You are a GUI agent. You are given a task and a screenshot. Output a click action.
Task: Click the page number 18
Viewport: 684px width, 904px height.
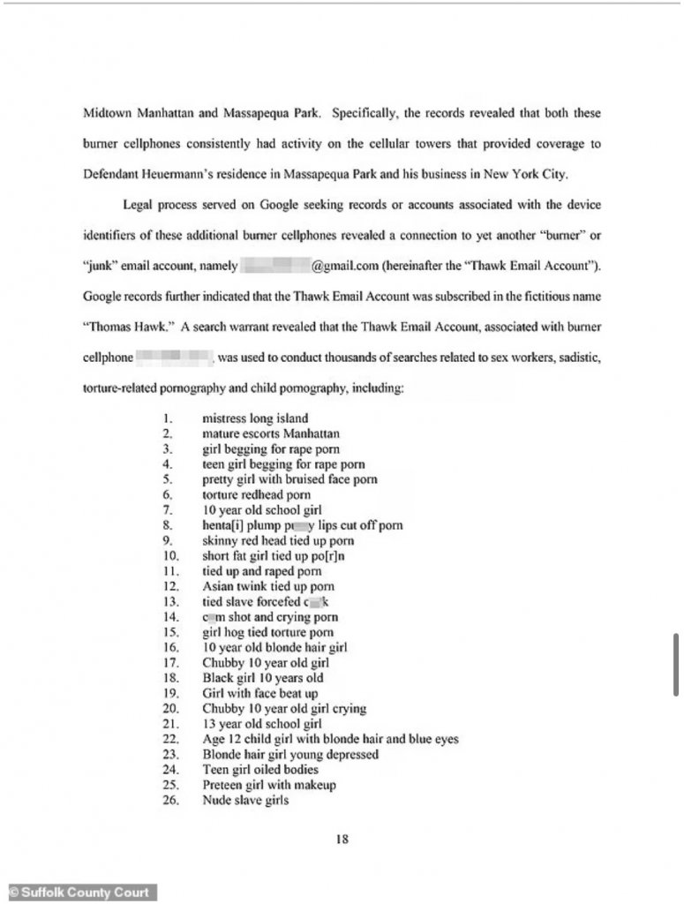pyautogui.click(x=342, y=840)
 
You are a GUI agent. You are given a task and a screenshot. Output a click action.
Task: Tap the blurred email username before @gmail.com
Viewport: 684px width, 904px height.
pyautogui.click(x=274, y=265)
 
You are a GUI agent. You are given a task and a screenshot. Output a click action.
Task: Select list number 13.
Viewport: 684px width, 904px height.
pyautogui.click(x=170, y=602)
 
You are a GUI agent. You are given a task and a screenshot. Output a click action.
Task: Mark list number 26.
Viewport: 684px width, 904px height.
pyautogui.click(x=170, y=801)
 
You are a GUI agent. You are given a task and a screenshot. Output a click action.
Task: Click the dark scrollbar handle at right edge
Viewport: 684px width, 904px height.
pyautogui.click(x=675, y=664)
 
